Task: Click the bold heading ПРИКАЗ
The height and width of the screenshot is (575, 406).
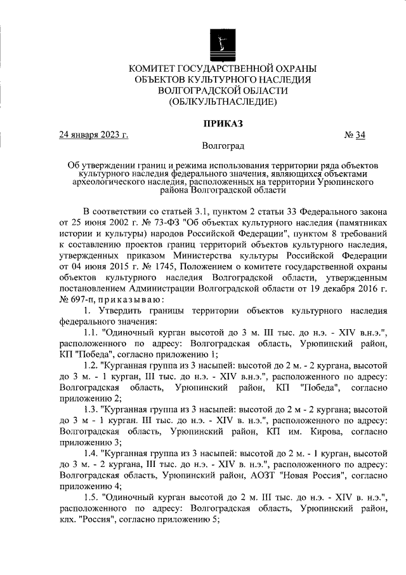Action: click(222, 123)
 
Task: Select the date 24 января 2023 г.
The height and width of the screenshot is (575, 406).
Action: click(94, 135)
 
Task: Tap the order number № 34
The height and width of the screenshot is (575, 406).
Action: click(355, 135)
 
